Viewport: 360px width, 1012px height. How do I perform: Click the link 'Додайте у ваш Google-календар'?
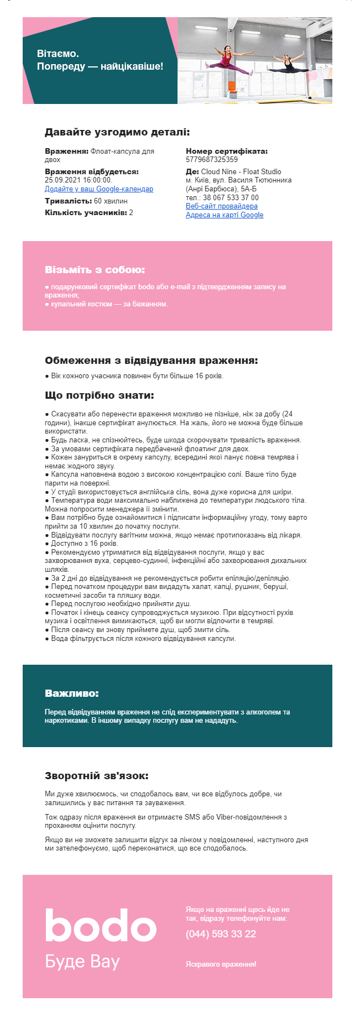99,189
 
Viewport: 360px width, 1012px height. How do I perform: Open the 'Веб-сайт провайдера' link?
221,206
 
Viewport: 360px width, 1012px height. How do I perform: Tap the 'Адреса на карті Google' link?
225,215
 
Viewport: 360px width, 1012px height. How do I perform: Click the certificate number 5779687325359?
212,160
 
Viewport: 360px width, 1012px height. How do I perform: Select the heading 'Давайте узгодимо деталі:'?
117,132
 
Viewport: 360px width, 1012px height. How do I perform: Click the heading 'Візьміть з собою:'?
95,270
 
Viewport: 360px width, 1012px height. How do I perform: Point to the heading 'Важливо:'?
72,693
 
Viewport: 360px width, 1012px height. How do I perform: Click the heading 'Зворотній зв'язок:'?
97,776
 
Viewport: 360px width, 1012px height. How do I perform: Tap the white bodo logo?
101,926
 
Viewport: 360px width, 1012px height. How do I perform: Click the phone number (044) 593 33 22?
221,934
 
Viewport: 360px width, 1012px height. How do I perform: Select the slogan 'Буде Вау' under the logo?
82,962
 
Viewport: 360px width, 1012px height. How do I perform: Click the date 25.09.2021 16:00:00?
79,180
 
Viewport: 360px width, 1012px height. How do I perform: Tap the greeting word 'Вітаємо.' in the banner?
58,54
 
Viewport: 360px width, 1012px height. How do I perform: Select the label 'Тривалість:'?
68,201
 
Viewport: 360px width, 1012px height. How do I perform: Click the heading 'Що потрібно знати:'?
100,395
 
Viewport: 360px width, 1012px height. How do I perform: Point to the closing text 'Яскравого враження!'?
221,964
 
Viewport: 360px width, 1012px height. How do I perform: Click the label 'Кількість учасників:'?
86,213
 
